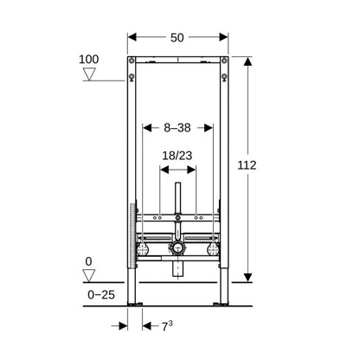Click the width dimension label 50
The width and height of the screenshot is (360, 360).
pyautogui.click(x=177, y=37)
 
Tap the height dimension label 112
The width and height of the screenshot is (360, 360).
pyautogui.click(x=247, y=165)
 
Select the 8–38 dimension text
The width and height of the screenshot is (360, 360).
pyautogui.click(x=177, y=127)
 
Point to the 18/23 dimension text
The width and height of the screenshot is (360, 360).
pyautogui.click(x=177, y=156)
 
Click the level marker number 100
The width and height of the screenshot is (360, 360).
pyautogui.click(x=89, y=60)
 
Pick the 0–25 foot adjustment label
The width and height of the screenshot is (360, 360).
pyautogui.click(x=101, y=294)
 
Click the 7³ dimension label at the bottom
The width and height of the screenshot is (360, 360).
pyautogui.click(x=167, y=326)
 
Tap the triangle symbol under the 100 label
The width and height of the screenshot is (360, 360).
pyautogui.click(x=89, y=74)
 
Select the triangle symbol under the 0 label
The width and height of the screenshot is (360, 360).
pyautogui.click(x=89, y=275)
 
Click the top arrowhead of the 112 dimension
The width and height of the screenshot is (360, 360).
pyautogui.click(x=247, y=61)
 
